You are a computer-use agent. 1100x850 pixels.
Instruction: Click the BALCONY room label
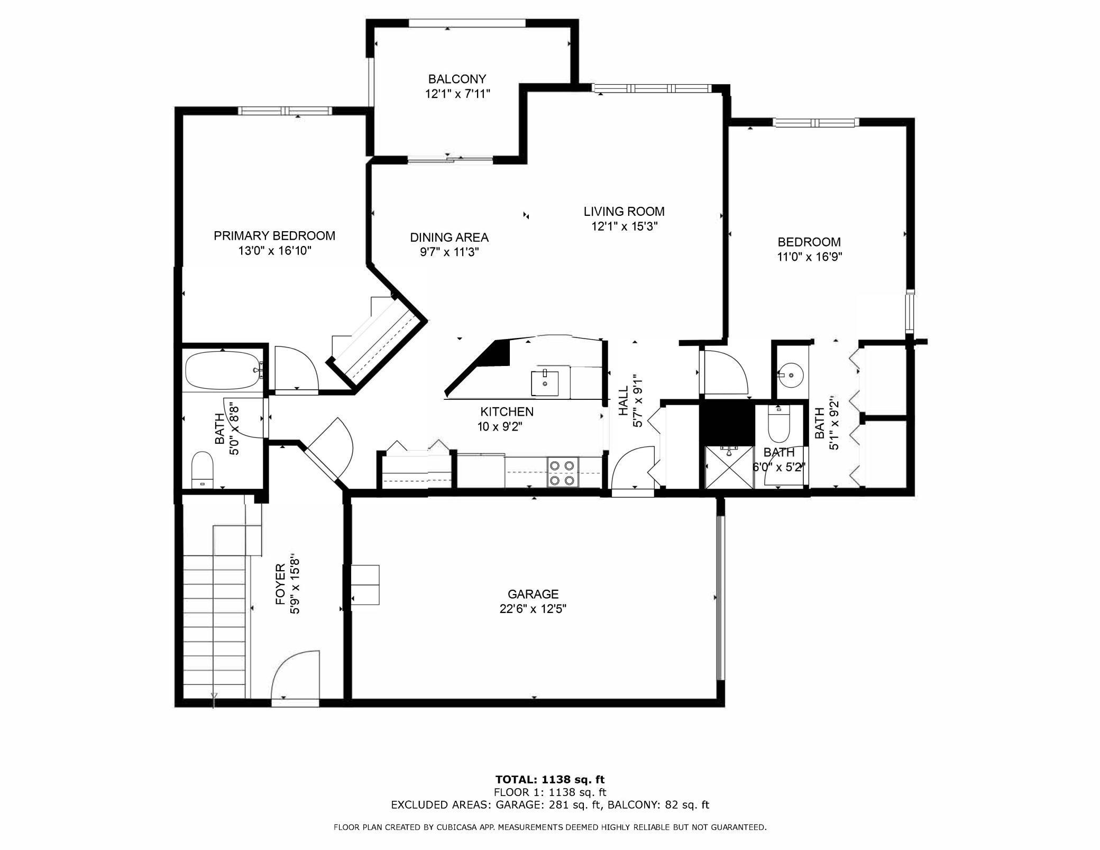click(x=457, y=79)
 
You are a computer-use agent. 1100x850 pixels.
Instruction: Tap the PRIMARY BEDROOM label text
click(x=274, y=236)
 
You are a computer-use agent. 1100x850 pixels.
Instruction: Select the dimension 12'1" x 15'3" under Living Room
click(x=624, y=226)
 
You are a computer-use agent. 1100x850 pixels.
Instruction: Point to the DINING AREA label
click(x=449, y=237)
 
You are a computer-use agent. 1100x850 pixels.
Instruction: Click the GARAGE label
click(x=533, y=594)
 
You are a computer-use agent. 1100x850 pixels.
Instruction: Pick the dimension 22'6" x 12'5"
click(x=533, y=609)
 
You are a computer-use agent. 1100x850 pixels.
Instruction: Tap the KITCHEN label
click(x=507, y=412)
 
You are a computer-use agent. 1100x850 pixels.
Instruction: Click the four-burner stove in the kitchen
click(x=562, y=473)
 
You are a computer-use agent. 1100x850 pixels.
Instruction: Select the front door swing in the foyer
click(x=295, y=675)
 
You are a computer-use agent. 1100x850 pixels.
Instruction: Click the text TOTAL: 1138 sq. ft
click(x=550, y=779)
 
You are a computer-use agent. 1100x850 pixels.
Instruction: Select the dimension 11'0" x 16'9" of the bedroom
click(x=809, y=257)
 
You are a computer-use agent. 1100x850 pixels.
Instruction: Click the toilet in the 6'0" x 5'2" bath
click(x=778, y=424)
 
